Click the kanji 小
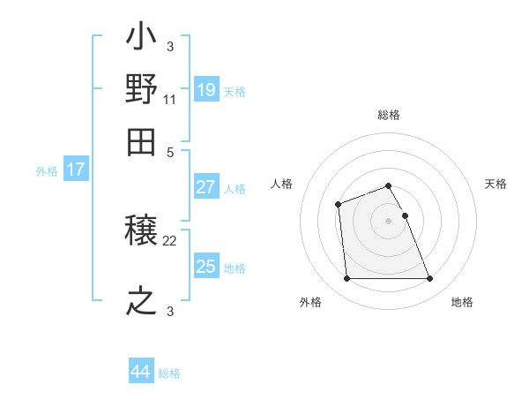[x=142, y=39]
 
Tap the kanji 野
[x=142, y=89]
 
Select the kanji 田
[x=142, y=139]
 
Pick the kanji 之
[x=142, y=300]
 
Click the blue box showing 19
[x=205, y=90]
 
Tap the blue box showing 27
[x=205, y=187]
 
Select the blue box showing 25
[x=205, y=267]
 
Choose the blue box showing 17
[x=75, y=170]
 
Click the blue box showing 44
[x=140, y=372]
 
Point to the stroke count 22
[x=169, y=241]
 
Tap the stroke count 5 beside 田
[x=169, y=150]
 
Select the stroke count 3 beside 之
[x=169, y=310]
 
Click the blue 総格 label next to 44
[x=169, y=373]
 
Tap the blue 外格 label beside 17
[x=47, y=171]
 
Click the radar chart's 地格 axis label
[x=462, y=302]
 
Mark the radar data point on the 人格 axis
[x=339, y=206]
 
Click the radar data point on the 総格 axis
[x=388, y=185]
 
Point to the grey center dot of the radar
[x=388, y=220]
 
